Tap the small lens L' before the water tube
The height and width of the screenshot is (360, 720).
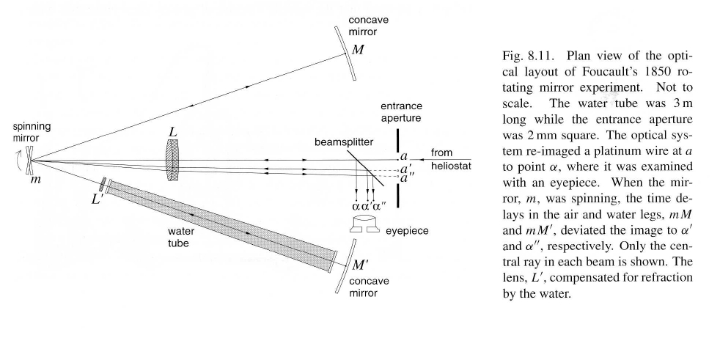(104, 183)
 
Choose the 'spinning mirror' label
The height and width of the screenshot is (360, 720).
(27, 132)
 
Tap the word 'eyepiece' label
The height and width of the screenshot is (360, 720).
(408, 230)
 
